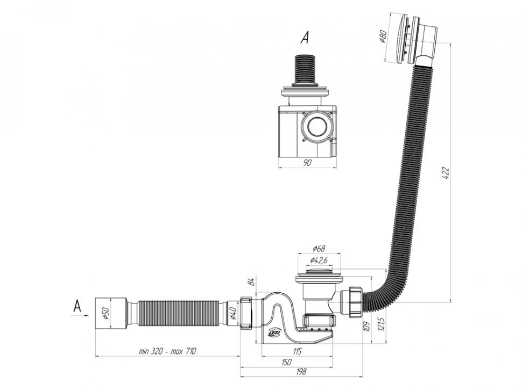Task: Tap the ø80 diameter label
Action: (383, 36)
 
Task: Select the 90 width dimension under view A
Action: (307, 162)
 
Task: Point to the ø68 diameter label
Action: (319, 248)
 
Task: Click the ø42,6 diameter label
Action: (319, 260)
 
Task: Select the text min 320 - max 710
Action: (167, 351)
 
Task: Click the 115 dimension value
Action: (297, 351)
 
